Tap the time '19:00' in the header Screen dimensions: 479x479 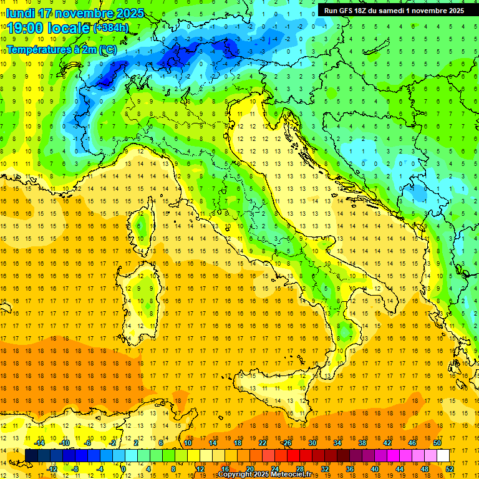(26, 28)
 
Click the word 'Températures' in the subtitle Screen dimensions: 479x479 (39, 49)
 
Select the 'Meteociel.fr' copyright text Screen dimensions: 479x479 (286, 475)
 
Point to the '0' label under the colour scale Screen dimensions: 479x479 (123, 469)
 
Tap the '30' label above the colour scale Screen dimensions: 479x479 (312, 443)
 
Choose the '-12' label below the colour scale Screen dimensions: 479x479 (52, 469)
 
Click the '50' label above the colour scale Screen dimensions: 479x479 (437, 443)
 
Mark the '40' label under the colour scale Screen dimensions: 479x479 (375, 469)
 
